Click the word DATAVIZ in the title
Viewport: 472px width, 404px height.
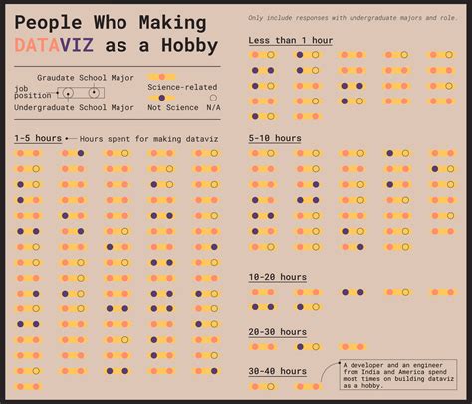pyautogui.click(x=55, y=45)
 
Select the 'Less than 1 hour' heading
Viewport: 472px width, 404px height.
pyautogui.click(x=291, y=40)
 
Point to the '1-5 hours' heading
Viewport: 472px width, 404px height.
pyautogui.click(x=38, y=138)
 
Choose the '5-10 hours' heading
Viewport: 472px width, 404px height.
pyautogui.click(x=275, y=138)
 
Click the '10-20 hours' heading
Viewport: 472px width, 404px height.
pyautogui.click(x=278, y=277)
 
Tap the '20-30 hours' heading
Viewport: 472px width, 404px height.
pyautogui.click(x=278, y=331)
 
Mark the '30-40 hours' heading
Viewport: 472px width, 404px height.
pyautogui.click(x=278, y=371)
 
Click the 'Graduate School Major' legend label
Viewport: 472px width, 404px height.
pyautogui.click(x=85, y=77)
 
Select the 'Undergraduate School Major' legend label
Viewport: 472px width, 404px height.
pyautogui.click(x=75, y=107)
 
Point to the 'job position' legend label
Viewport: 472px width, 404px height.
pyautogui.click(x=28, y=93)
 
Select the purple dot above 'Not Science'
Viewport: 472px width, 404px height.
pyautogui.click(x=162, y=98)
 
